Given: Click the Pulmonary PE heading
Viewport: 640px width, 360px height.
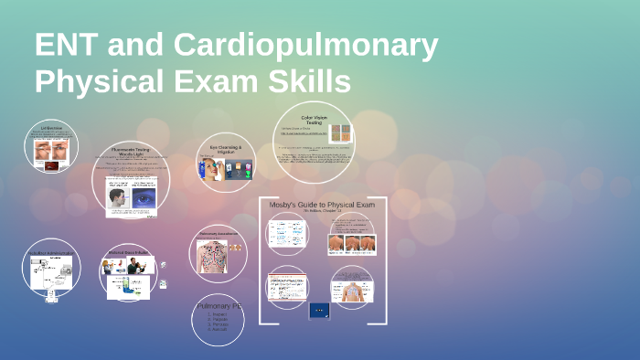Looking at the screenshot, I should (x=218, y=306).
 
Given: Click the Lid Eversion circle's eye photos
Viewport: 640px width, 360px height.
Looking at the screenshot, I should (x=50, y=154).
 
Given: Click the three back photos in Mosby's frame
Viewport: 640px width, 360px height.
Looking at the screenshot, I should (x=353, y=244).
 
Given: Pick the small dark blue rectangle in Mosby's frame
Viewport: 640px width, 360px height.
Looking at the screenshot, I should (x=319, y=310).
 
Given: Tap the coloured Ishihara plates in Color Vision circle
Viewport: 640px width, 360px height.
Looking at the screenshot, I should (x=340, y=132).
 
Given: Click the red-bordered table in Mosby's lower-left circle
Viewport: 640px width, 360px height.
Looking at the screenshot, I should (x=287, y=287).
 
